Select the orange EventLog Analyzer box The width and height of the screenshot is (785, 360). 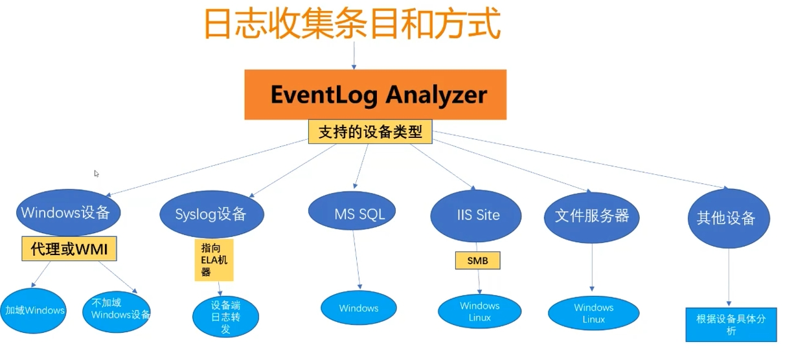pyautogui.click(x=376, y=95)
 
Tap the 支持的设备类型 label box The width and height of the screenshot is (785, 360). pyautogui.click(x=370, y=132)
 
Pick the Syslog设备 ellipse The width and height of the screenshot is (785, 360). pyautogui.click(x=210, y=214)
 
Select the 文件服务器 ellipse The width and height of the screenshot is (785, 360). pyautogui.click(x=592, y=216)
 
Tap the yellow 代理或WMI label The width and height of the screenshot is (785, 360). pyautogui.click(x=69, y=249)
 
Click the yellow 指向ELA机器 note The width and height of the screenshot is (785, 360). pyautogui.click(x=214, y=260)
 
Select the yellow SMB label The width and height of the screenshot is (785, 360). pyautogui.click(x=478, y=260)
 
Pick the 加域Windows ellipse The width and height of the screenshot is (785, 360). pyautogui.click(x=34, y=310)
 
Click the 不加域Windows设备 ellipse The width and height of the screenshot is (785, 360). pyautogui.click(x=117, y=310)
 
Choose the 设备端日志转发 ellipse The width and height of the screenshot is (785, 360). pyautogui.click(x=225, y=317)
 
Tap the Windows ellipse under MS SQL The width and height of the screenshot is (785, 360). pyautogui.click(x=359, y=308)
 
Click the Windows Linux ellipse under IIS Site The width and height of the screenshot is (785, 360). pyautogui.click(x=480, y=311)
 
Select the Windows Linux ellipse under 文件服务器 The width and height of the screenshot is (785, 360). pyautogui.click(x=593, y=313)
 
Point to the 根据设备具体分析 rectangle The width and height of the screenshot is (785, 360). pyautogui.click(x=731, y=324)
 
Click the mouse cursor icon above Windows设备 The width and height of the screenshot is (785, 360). pyautogui.click(x=97, y=174)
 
